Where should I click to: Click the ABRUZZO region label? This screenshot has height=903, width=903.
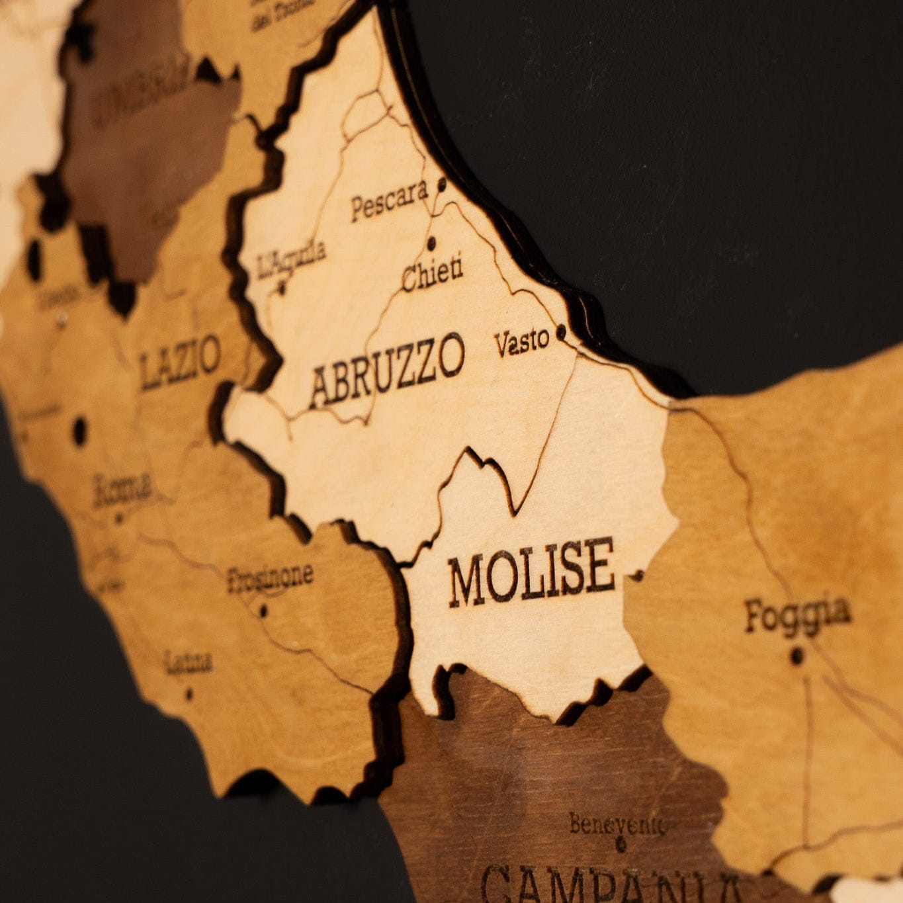click(387, 370)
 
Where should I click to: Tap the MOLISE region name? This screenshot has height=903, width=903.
click(531, 572)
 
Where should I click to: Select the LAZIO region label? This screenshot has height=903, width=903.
click(180, 362)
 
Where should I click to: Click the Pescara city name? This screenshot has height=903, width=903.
click(389, 200)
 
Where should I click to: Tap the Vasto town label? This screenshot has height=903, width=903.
click(522, 342)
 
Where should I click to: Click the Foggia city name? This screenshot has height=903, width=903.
click(796, 613)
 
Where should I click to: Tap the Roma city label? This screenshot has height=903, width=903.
click(123, 490)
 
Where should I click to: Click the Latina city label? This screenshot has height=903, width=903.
click(190, 662)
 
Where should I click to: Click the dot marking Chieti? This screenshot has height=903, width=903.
click(432, 243)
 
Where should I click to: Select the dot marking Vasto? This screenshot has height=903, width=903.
click(562, 331)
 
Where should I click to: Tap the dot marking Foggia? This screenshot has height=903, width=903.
click(798, 655)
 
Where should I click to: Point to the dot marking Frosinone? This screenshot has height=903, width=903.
click(263, 610)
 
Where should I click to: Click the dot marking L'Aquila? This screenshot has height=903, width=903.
click(282, 287)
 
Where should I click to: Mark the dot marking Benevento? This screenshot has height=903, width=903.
click(621, 843)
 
